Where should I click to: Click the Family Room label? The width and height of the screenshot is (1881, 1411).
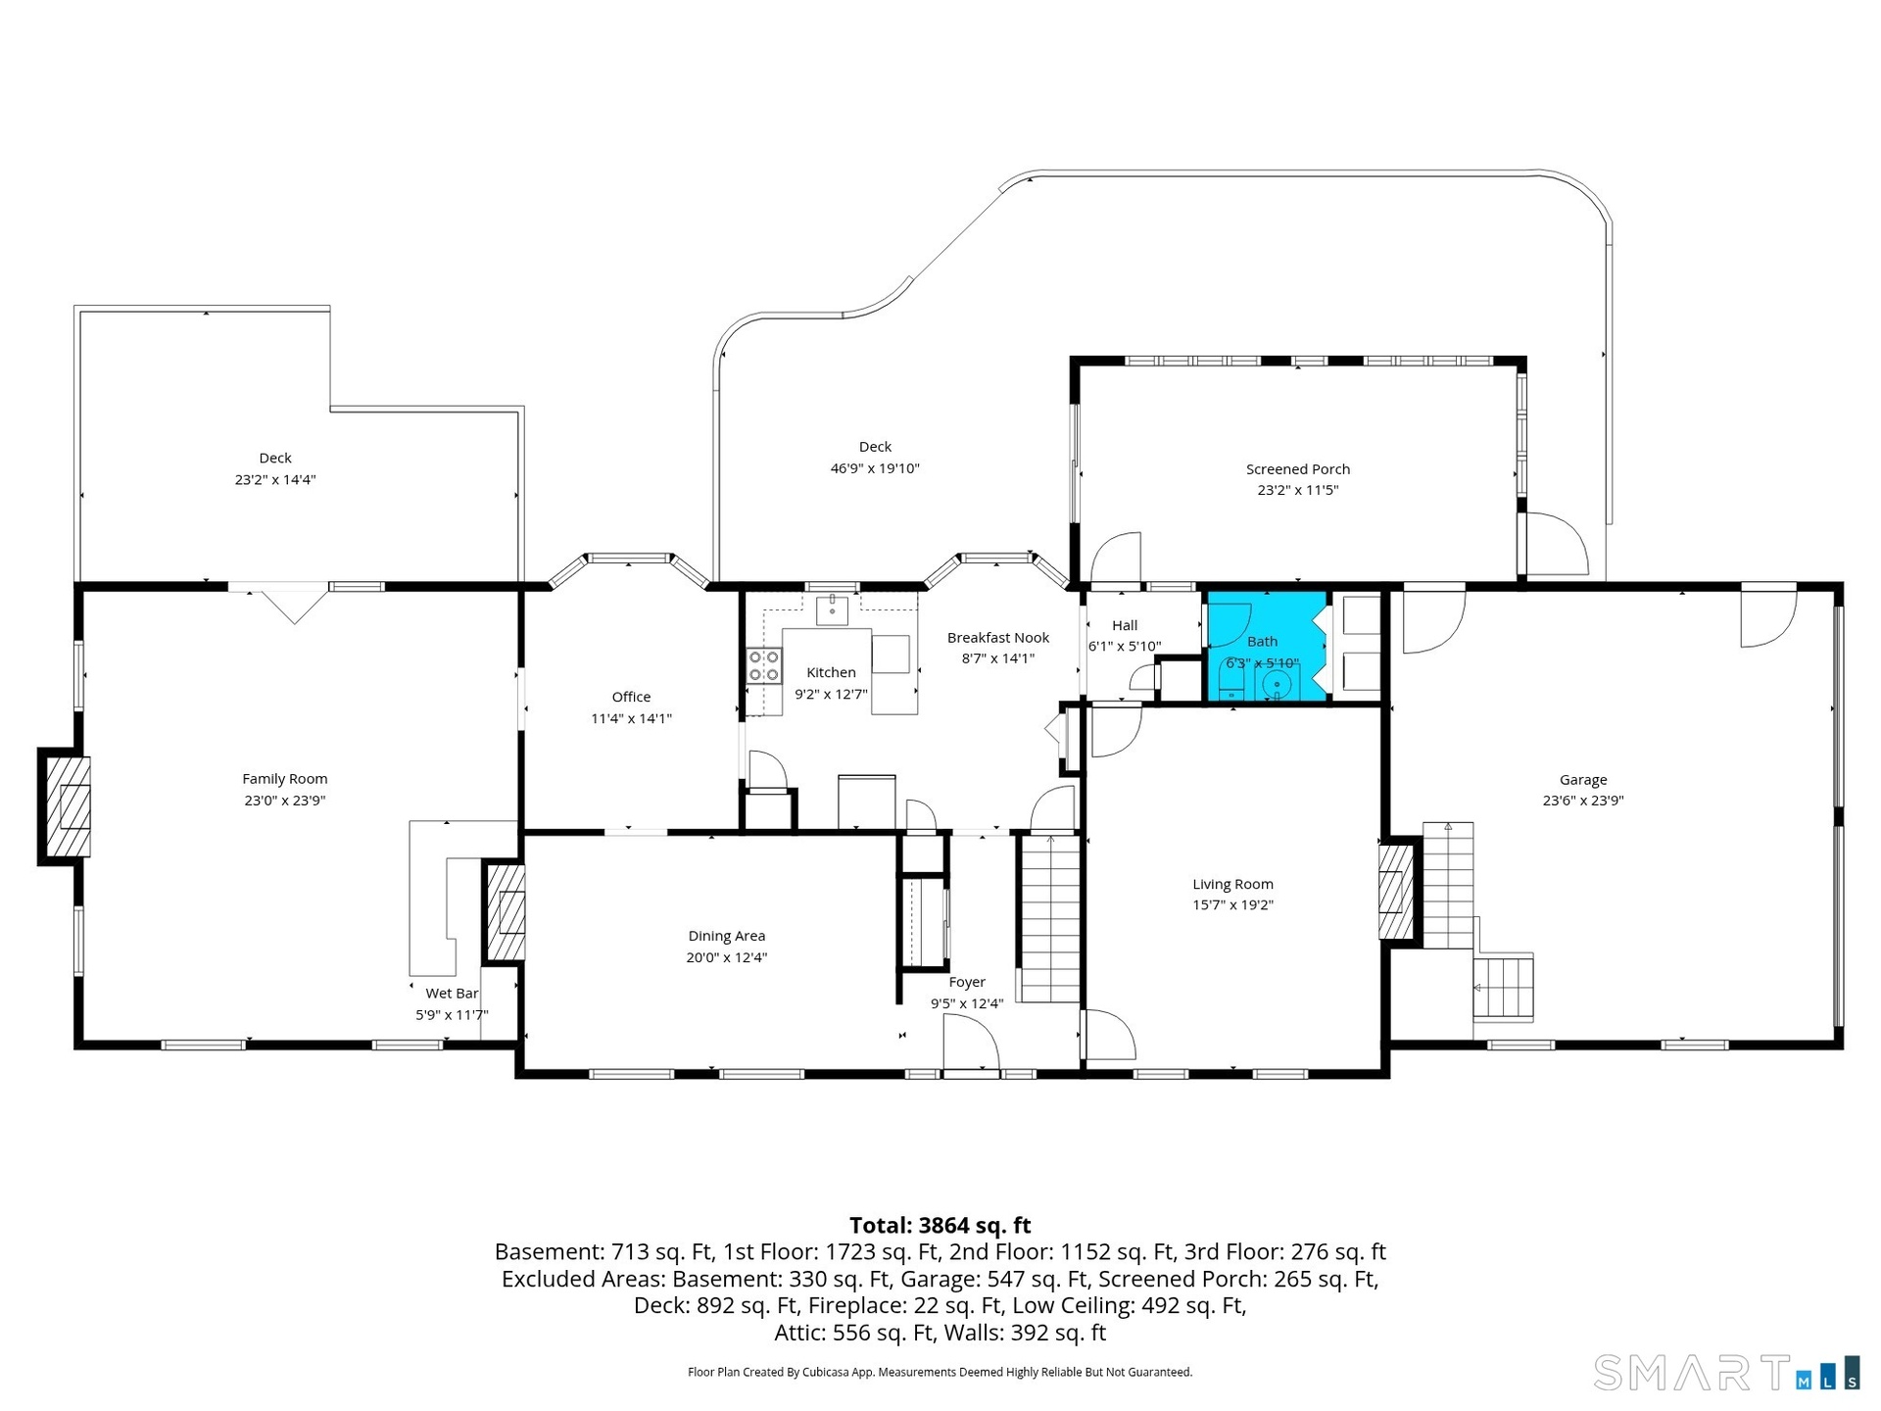coord(285,779)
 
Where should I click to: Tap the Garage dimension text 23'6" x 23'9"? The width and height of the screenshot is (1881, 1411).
coord(1583,801)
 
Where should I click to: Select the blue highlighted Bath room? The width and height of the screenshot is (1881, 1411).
coord(1267,647)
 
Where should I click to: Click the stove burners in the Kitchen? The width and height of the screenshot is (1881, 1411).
coord(764,665)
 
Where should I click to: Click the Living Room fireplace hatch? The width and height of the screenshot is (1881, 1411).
coord(1394,892)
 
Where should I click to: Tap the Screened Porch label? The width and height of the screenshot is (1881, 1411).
coord(1298,469)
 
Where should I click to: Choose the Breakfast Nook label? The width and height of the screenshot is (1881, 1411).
coord(998,638)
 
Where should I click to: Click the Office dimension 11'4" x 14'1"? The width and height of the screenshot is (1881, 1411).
coord(631,718)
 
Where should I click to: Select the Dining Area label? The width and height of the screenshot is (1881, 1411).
coord(727,936)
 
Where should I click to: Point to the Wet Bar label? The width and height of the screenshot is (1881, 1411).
coord(452,994)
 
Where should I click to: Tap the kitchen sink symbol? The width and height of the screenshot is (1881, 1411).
coord(833,608)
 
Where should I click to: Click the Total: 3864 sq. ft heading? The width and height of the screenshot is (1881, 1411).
coord(940,1225)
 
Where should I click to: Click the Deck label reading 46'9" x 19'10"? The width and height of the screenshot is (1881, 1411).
coord(875,468)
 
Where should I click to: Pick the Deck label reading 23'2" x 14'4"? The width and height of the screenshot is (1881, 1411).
coord(275,479)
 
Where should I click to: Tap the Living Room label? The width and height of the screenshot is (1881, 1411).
coord(1232,884)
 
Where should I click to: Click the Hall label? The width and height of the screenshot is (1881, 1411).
coord(1125,625)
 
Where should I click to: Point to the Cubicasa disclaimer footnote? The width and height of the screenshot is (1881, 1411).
coord(940,1372)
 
